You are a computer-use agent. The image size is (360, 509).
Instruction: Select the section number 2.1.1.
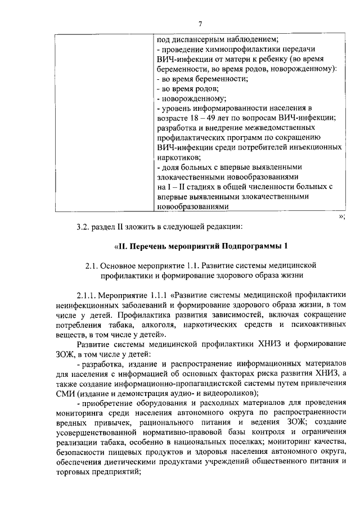(x=87, y=294)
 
